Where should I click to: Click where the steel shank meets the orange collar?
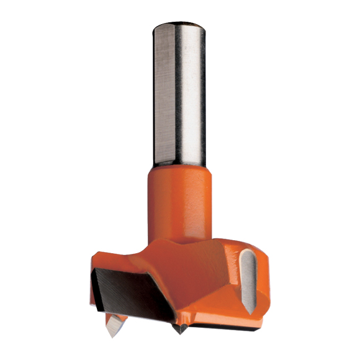pos(178,166)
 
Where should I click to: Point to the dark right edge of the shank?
pos(204,93)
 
